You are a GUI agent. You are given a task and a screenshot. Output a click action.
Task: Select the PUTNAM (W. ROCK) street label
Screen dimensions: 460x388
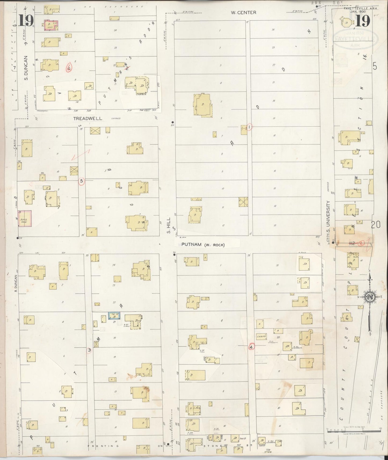click(203, 244)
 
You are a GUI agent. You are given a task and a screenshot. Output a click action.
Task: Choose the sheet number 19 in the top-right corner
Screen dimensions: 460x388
click(364, 21)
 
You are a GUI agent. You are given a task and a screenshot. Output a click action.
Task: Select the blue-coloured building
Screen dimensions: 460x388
click(114, 316)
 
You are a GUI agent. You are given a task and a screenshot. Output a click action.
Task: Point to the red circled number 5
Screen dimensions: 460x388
click(82, 181)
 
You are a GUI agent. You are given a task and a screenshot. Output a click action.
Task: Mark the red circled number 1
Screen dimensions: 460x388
click(249, 126)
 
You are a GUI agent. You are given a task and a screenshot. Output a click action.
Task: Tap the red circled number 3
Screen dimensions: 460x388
click(89, 350)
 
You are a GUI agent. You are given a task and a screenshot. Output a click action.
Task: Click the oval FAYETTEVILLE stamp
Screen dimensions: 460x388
click(356, 39)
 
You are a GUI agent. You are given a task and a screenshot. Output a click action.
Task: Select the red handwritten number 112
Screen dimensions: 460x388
click(352, 243)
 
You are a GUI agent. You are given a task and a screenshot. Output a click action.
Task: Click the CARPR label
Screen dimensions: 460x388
click(261, 336)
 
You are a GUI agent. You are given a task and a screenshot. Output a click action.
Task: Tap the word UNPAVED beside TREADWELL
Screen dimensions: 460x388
click(116, 118)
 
